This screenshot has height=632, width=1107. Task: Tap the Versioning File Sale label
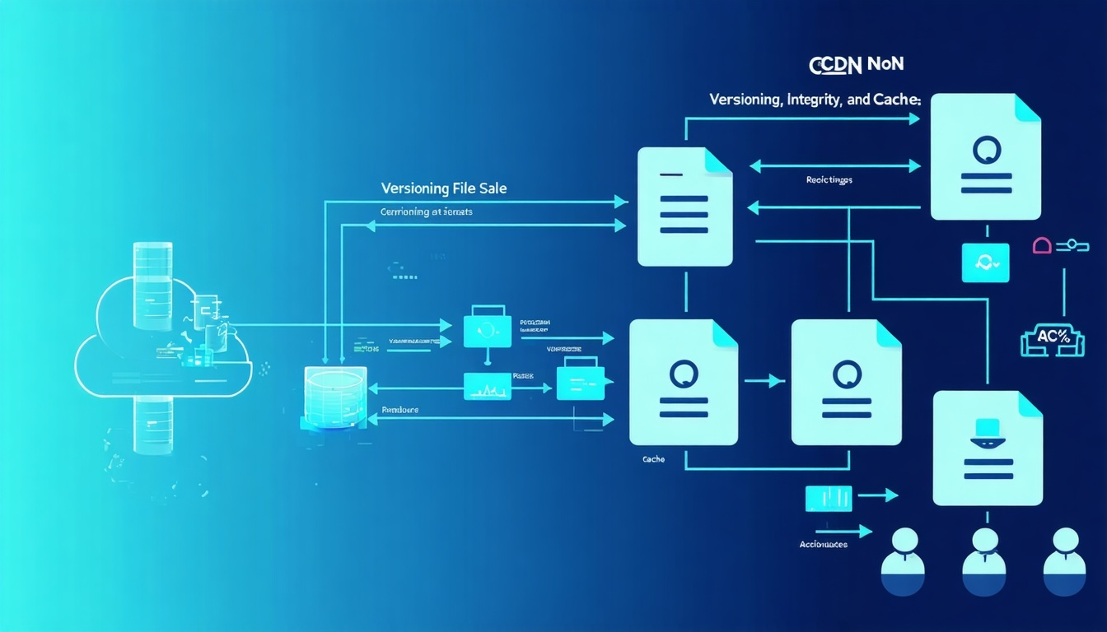click(444, 188)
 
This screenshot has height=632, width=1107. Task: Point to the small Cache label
click(653, 459)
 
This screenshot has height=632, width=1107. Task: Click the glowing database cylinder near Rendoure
click(334, 397)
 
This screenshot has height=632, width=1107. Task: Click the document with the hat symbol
click(988, 448)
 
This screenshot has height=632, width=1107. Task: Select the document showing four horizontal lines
click(684, 207)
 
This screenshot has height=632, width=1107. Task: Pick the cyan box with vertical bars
click(828, 496)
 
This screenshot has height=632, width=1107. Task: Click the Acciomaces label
click(823, 544)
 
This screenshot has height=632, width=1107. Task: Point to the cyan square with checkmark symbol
click(985, 263)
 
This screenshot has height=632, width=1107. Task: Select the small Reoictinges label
click(829, 179)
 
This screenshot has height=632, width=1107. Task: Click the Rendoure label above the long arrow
click(400, 409)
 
